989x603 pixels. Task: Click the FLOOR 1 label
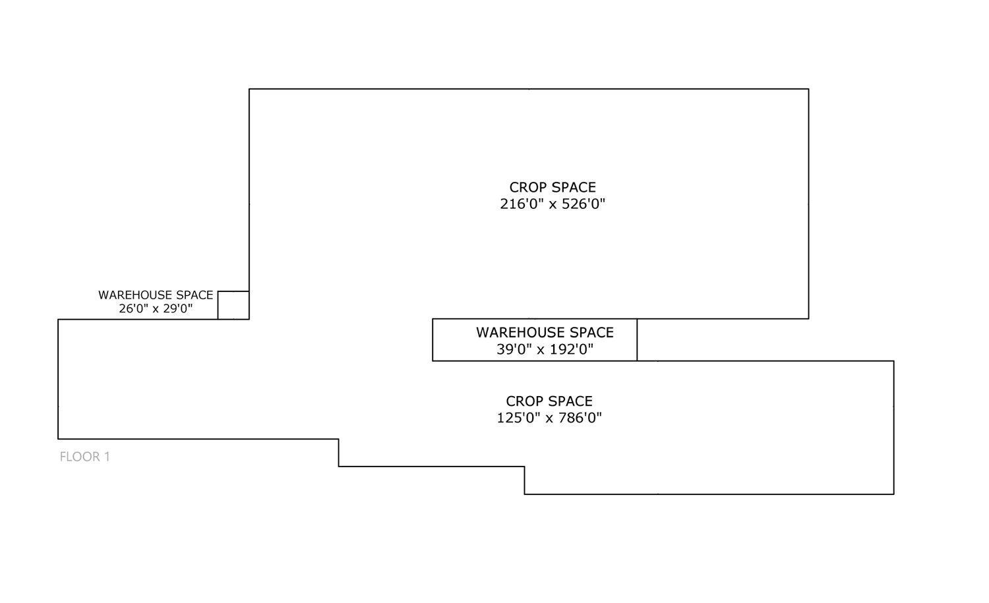(x=84, y=457)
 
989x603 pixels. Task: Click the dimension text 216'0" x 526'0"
(x=553, y=204)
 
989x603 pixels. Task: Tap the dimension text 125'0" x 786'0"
(x=549, y=418)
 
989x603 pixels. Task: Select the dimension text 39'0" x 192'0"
(x=545, y=349)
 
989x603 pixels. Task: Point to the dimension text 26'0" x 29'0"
(x=156, y=308)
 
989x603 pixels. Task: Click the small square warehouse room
(x=233, y=305)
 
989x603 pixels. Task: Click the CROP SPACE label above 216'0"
(x=553, y=188)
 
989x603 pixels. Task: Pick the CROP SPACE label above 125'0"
(x=549, y=401)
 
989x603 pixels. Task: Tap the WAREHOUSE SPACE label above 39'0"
(x=545, y=333)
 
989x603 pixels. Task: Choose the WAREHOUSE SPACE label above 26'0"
(x=156, y=295)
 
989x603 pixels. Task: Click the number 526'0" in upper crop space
(x=583, y=204)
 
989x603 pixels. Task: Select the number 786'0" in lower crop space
(x=580, y=418)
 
